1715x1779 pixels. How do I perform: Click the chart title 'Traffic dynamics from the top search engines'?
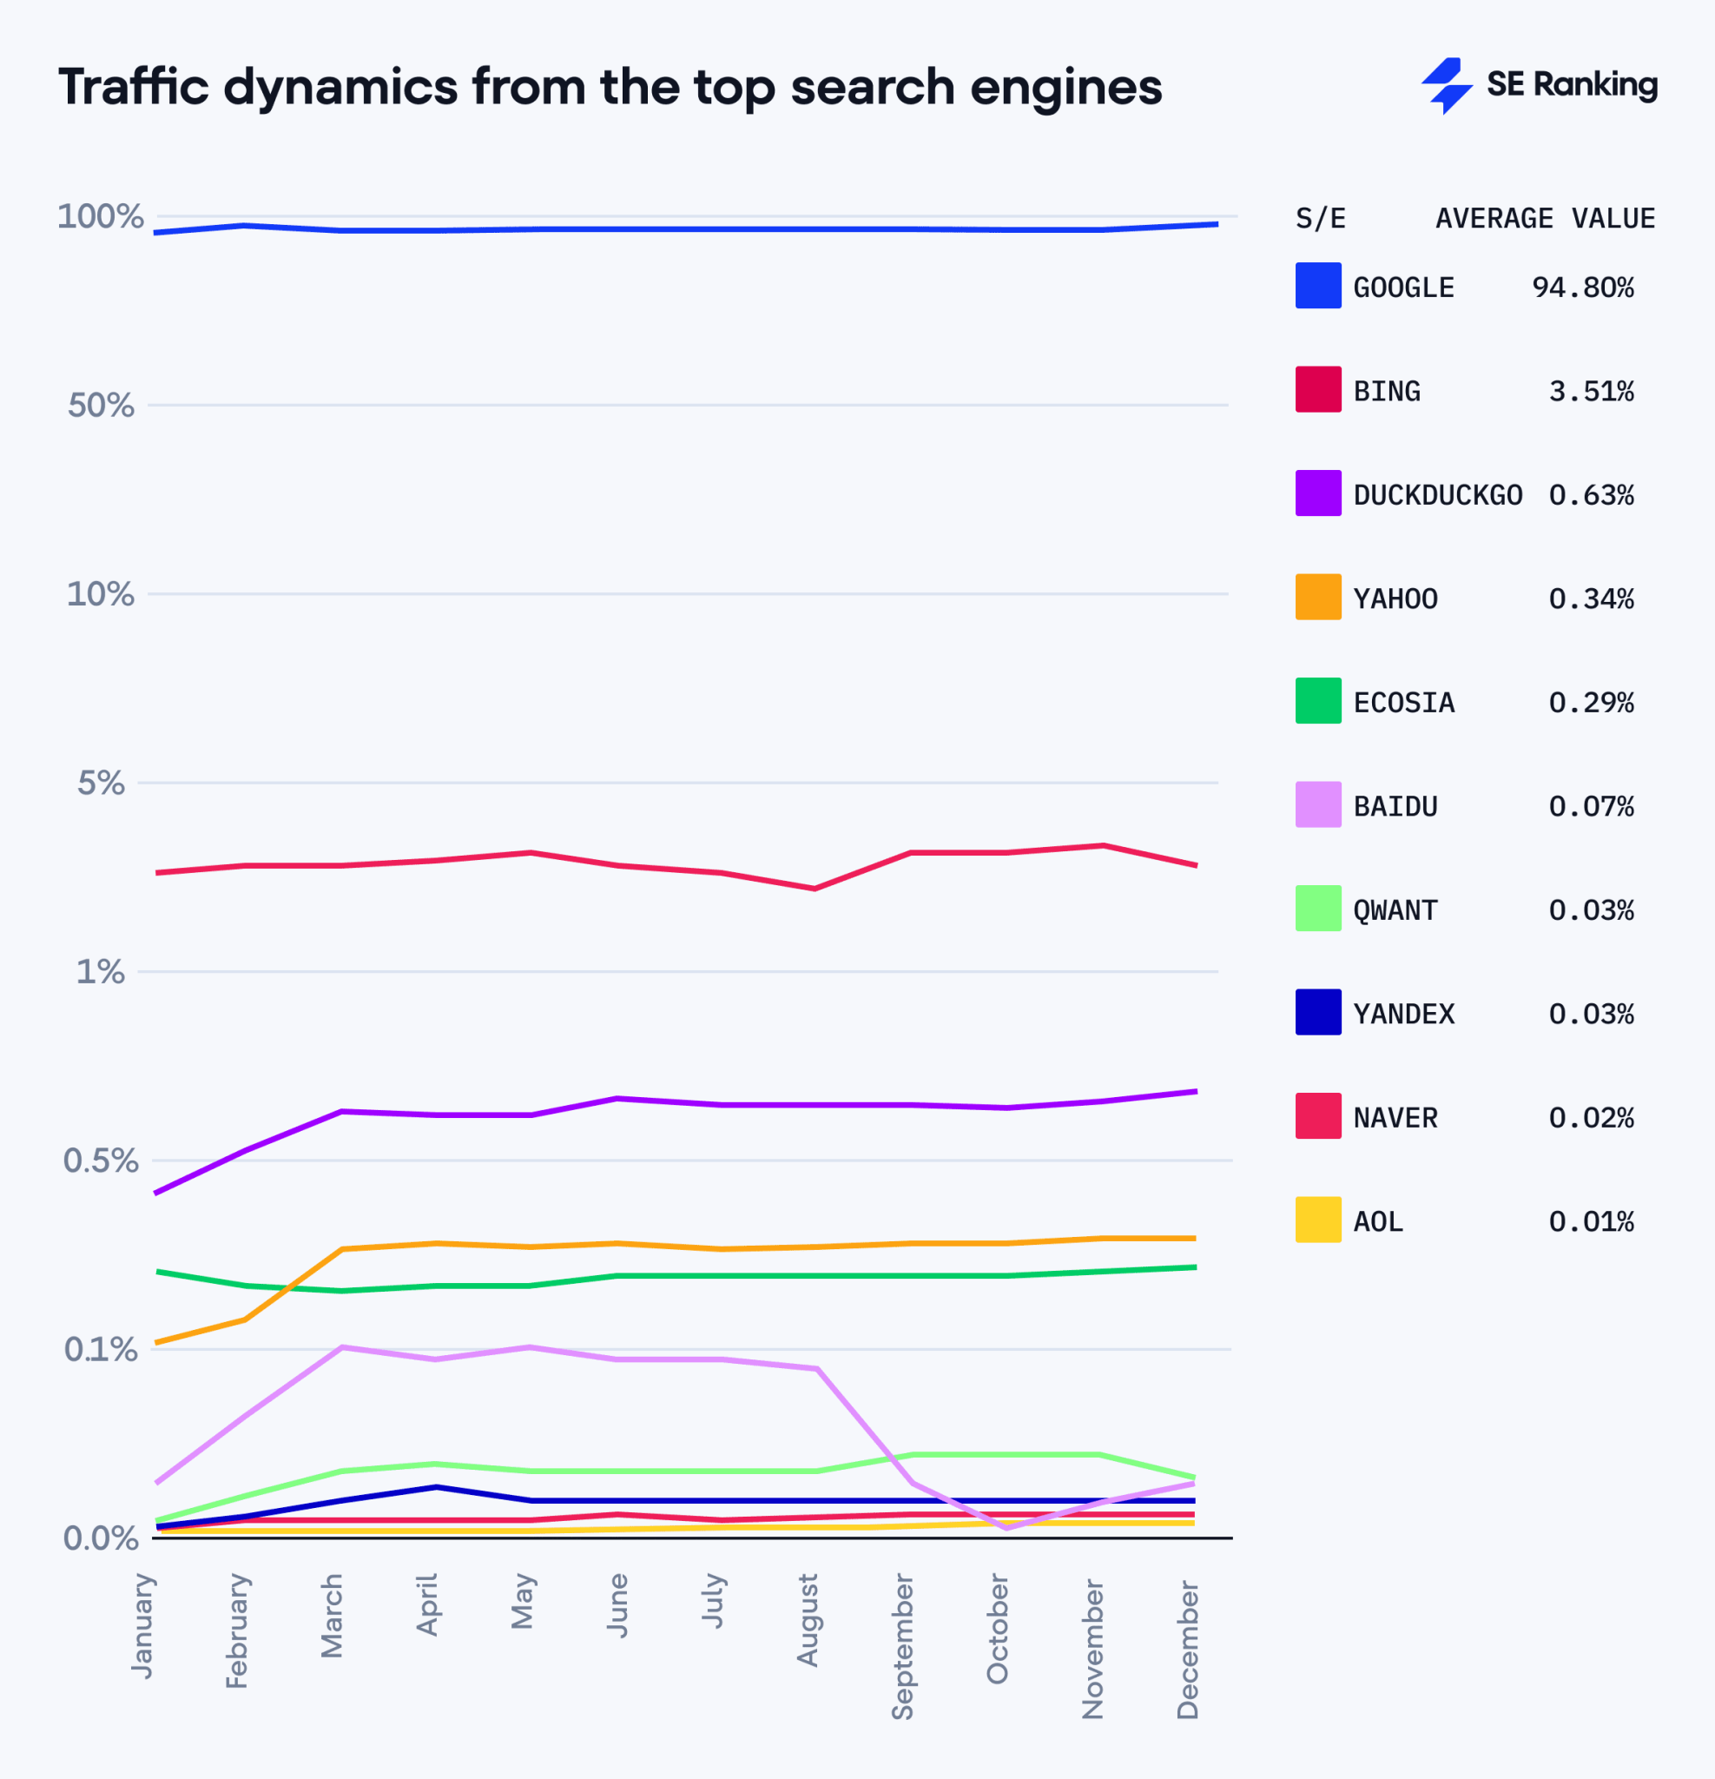[610, 87]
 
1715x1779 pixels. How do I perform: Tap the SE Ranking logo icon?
[1447, 85]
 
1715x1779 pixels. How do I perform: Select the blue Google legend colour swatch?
[1317, 285]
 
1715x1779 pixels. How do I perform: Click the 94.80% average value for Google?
[1582, 288]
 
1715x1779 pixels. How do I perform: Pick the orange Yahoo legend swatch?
[1317, 598]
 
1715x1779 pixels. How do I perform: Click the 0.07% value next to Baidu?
[1591, 807]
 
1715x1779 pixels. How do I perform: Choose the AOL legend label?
[1377, 1221]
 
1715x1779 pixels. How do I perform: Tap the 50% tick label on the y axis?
[101, 406]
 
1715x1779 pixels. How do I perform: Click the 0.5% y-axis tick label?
[101, 1161]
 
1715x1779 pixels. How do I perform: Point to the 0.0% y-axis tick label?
[101, 1538]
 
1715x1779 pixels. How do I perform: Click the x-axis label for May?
[522, 1602]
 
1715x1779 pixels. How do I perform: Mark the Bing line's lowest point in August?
[814, 889]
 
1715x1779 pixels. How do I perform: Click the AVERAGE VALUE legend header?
[1545, 219]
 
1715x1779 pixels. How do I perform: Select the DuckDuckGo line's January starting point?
[157, 1193]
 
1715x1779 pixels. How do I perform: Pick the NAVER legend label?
[1395, 1118]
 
